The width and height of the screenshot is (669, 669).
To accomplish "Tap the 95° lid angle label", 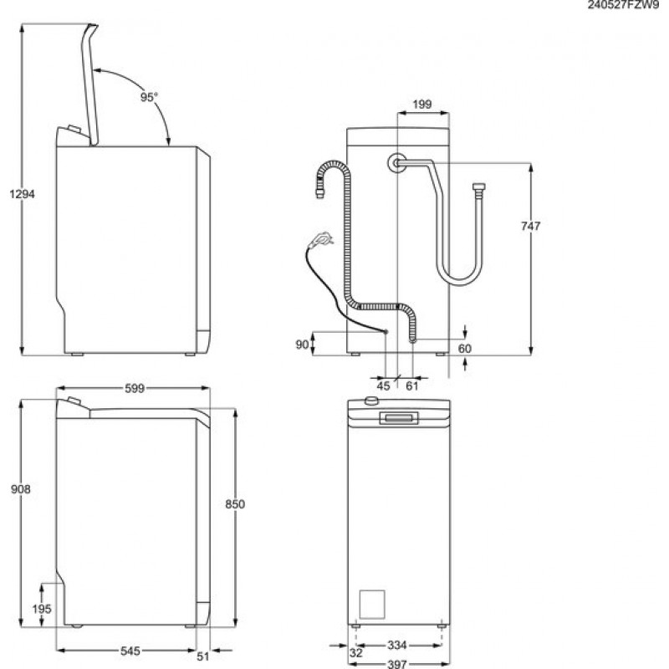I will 148,97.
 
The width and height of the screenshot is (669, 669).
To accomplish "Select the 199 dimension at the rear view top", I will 422,105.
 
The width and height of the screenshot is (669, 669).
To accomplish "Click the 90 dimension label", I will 302,344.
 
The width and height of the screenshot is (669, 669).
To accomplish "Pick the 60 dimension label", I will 465,348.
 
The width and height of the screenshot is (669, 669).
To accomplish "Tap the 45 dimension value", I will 384,386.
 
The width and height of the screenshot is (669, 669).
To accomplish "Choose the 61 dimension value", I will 412,386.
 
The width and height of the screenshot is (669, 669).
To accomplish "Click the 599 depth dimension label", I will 135,388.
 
